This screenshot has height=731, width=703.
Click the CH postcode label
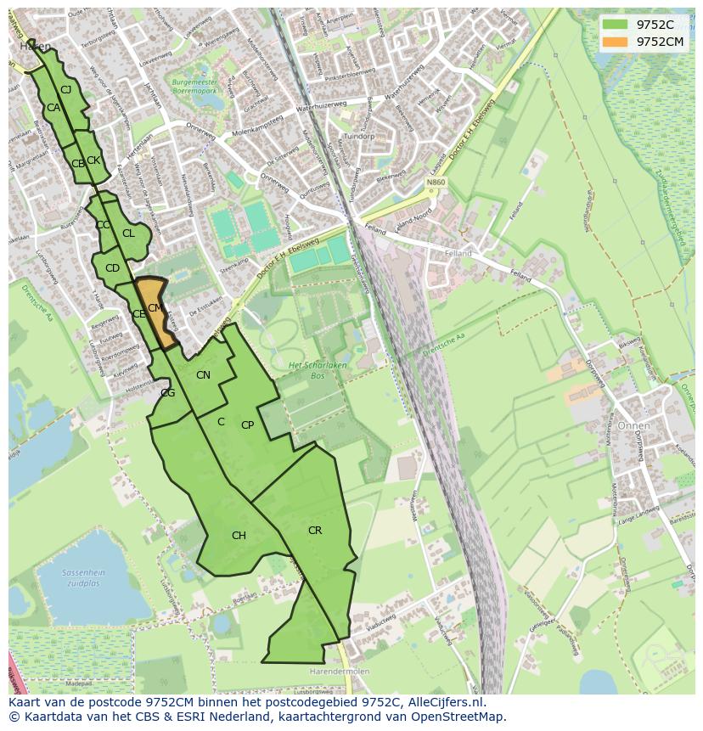pos(239,536)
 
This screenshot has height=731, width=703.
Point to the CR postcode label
pos(314,531)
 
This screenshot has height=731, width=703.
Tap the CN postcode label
pos(203,375)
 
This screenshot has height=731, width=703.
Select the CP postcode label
pos(247,425)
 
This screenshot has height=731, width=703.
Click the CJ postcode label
pos(65,89)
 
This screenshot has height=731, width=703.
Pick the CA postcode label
pos(53,108)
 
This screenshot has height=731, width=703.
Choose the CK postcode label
pos(93,160)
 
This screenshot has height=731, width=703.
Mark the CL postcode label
pos(128,233)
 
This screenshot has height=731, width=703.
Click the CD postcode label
pos(112,268)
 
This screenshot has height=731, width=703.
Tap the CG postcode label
pos(168,392)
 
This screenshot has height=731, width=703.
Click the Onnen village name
pos(633,425)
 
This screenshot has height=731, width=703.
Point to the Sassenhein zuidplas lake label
pos(84,578)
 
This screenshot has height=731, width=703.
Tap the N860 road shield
pos(436,183)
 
